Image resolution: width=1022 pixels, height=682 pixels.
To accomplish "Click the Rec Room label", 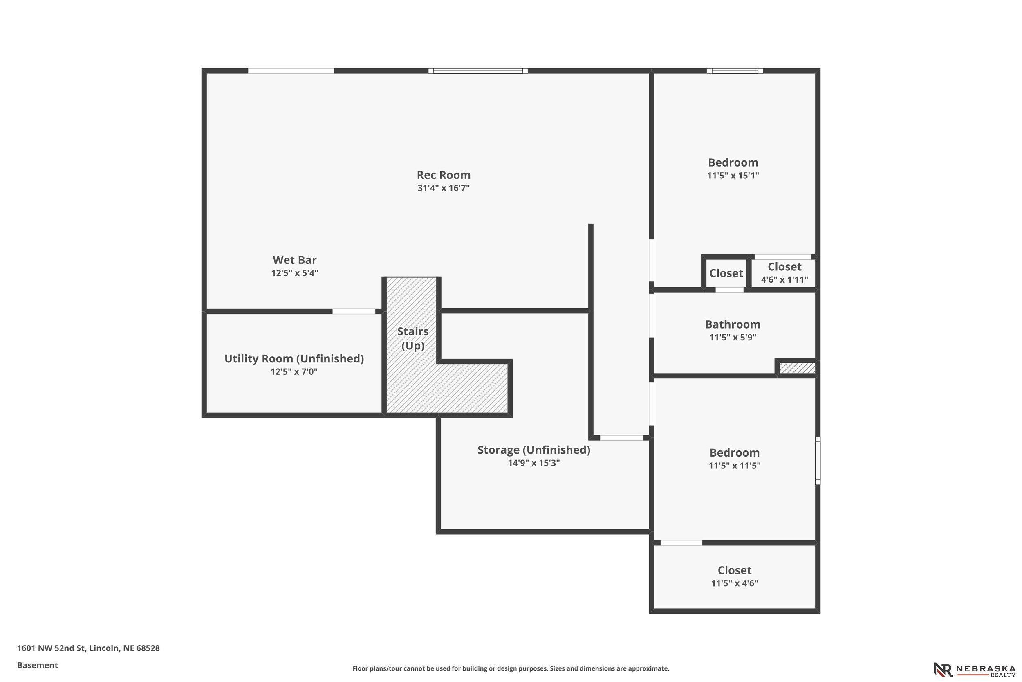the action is pyautogui.click(x=444, y=175).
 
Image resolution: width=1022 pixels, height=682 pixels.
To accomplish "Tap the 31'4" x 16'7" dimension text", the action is pyautogui.click(x=444, y=188).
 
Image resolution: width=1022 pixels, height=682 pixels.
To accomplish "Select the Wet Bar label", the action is pyautogui.click(x=295, y=260).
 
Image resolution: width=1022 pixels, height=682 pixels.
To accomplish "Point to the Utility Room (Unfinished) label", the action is pyautogui.click(x=294, y=358).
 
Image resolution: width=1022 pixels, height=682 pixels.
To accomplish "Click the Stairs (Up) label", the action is pyautogui.click(x=413, y=338).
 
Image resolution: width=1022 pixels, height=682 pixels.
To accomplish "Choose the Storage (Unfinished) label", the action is pyautogui.click(x=534, y=450).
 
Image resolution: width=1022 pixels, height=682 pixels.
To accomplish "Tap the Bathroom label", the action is pyautogui.click(x=733, y=324).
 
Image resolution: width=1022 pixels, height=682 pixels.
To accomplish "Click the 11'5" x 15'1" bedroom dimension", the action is pyautogui.click(x=733, y=175).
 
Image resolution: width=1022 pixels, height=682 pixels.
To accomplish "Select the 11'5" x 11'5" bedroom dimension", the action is pyautogui.click(x=734, y=466).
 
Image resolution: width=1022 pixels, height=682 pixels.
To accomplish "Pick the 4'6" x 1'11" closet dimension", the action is pyautogui.click(x=784, y=280).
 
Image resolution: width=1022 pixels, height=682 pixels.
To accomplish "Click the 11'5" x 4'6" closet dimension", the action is pyautogui.click(x=734, y=583).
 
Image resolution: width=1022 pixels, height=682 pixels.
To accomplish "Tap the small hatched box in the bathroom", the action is pyautogui.click(x=797, y=368).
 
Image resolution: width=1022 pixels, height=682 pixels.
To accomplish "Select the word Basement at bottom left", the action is pyautogui.click(x=37, y=665).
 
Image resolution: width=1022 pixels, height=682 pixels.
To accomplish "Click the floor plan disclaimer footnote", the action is pyautogui.click(x=511, y=668).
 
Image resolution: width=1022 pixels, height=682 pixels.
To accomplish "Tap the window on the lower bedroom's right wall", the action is pyautogui.click(x=817, y=460).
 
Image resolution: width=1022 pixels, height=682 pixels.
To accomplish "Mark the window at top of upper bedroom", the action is pyautogui.click(x=735, y=70).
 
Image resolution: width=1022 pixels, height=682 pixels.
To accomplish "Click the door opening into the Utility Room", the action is pyautogui.click(x=354, y=311).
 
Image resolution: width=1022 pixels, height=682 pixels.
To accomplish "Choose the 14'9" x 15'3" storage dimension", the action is pyautogui.click(x=534, y=463).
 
